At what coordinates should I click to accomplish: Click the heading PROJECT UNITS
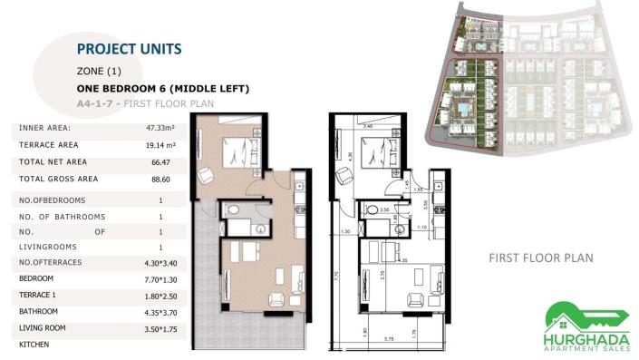(x=130, y=48)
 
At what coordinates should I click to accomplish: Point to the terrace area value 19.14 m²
(x=160, y=144)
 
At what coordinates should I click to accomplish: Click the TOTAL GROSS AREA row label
(x=58, y=179)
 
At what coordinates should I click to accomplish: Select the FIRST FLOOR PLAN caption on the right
(x=540, y=258)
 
